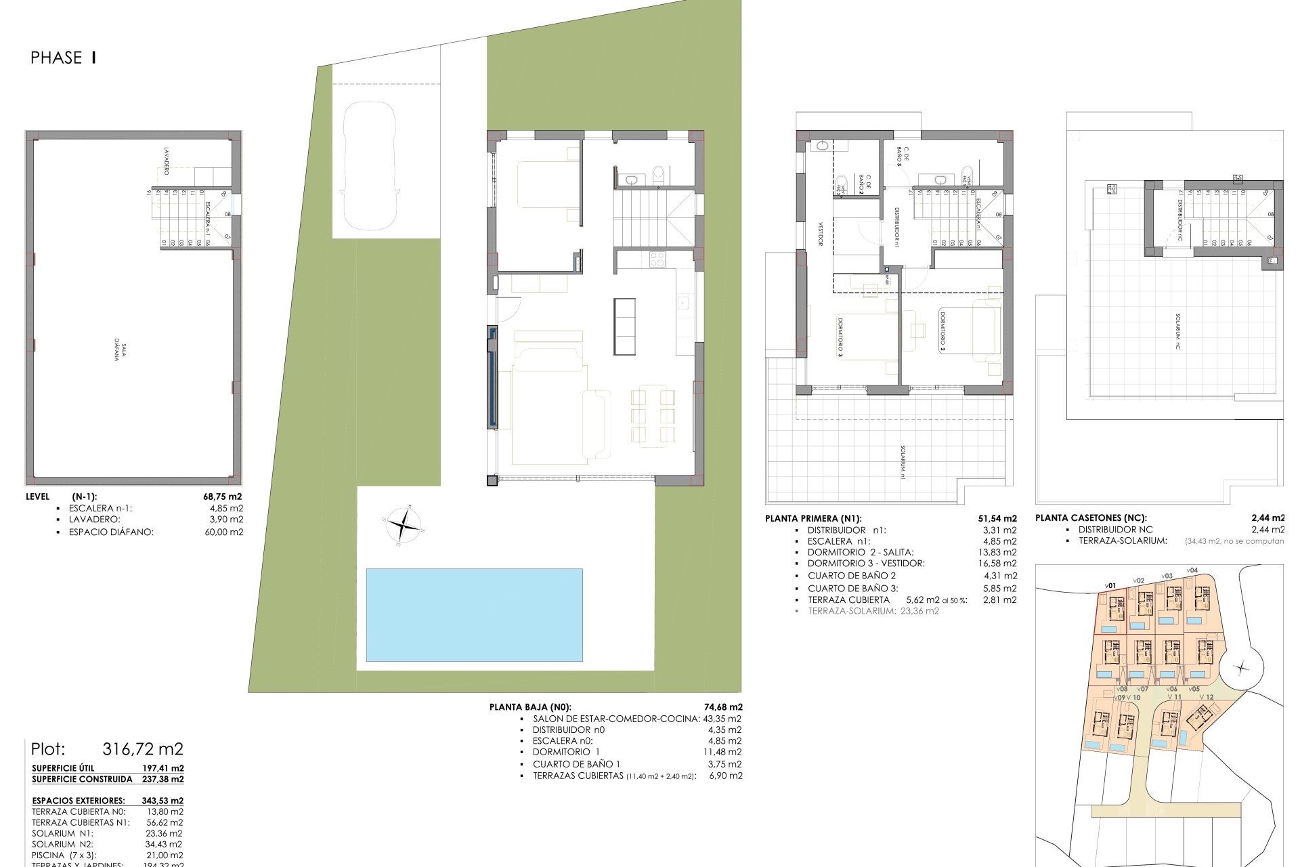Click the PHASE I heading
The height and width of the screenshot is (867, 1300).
pyautogui.click(x=63, y=58)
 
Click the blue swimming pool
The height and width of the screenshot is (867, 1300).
pyautogui.click(x=474, y=614)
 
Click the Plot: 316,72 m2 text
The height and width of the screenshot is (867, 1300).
pyautogui.click(x=107, y=749)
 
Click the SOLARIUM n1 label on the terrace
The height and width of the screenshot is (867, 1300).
pyautogui.click(x=903, y=463)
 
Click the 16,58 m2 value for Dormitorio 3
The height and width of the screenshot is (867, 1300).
pyautogui.click(x=1000, y=563)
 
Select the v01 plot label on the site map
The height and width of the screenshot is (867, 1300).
pyautogui.click(x=1110, y=585)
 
